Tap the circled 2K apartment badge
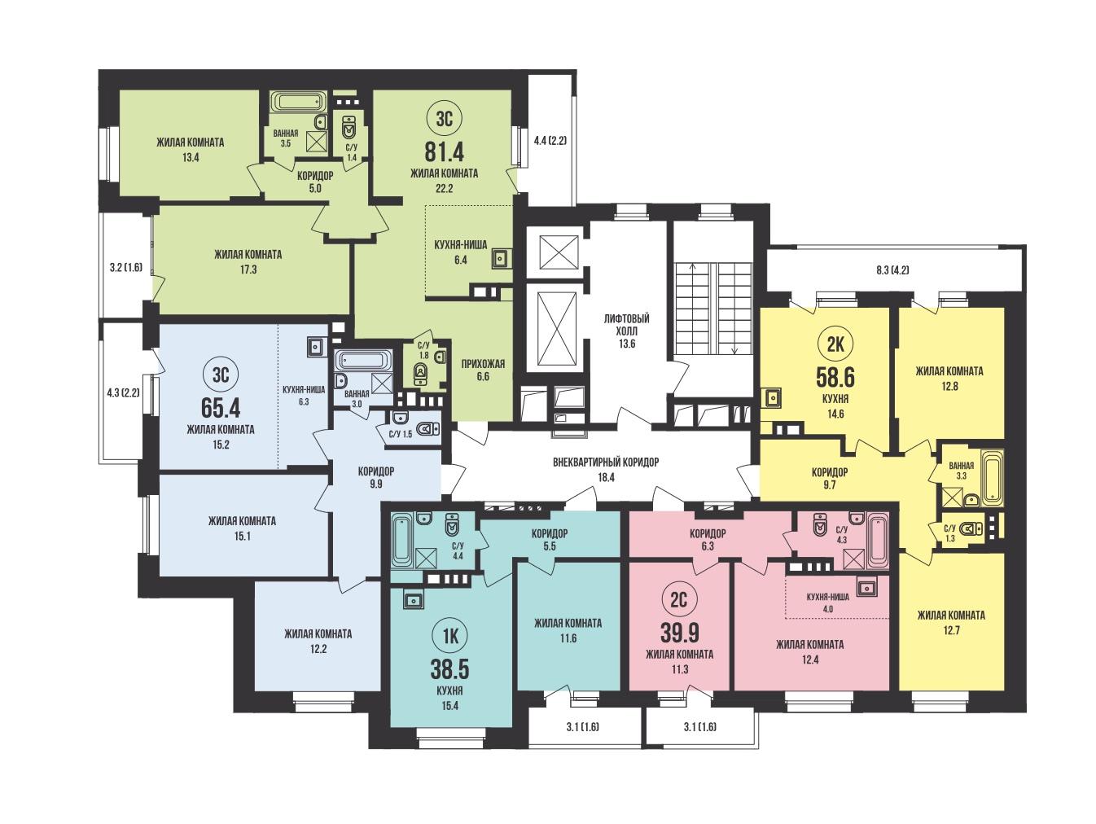835,345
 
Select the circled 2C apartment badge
679,599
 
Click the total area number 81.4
444,151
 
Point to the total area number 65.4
221,408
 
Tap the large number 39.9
679,633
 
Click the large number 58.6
835,378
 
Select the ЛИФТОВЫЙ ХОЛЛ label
627,325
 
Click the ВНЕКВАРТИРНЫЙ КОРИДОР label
606,462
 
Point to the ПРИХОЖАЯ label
483,364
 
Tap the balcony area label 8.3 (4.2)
892,270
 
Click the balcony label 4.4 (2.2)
550,141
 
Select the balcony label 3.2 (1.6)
126,268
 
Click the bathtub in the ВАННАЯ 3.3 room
992,478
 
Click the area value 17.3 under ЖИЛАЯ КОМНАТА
248,270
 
